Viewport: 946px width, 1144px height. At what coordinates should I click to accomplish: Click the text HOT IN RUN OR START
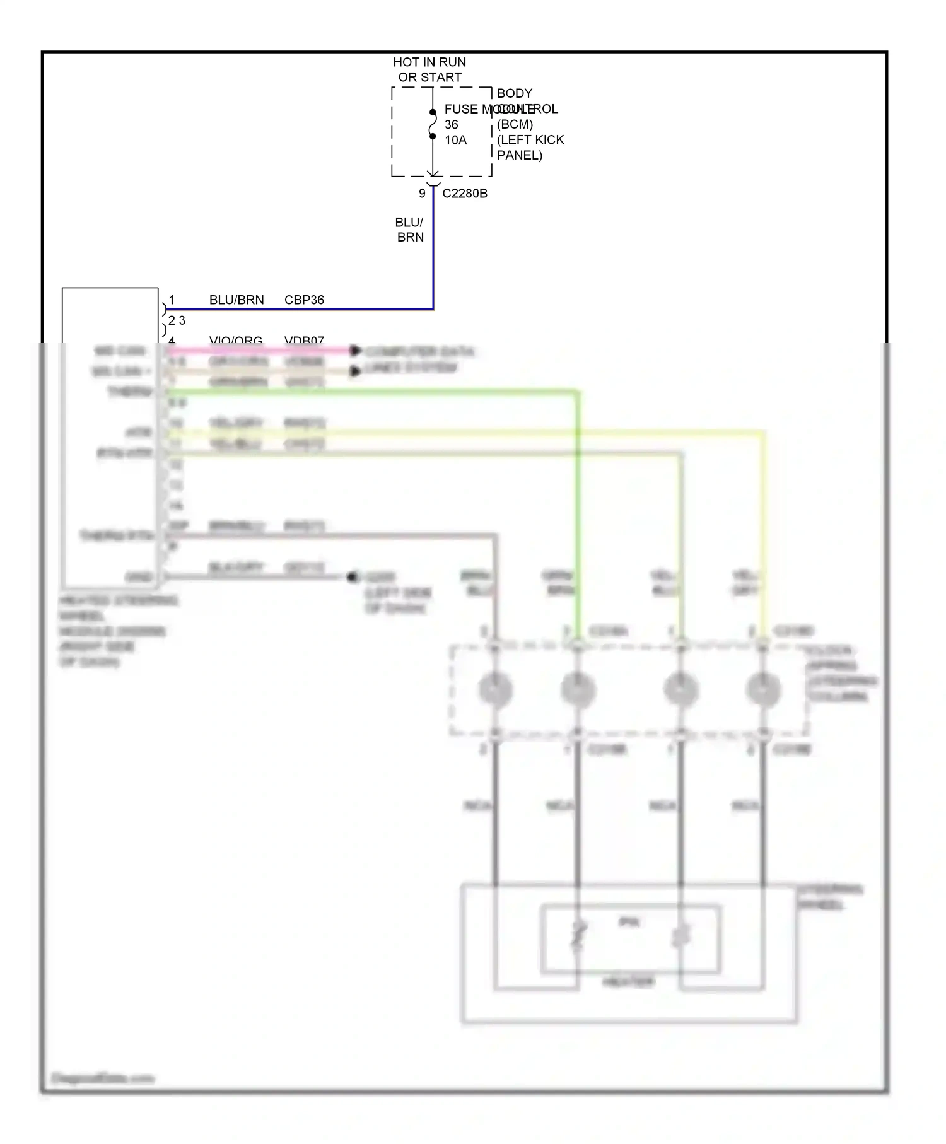[429, 69]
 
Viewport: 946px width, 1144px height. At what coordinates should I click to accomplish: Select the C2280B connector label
[465, 194]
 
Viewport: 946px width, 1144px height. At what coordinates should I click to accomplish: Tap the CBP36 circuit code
[304, 300]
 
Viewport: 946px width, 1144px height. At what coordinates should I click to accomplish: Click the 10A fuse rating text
[455, 140]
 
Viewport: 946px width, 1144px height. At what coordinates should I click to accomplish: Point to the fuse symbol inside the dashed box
[433, 124]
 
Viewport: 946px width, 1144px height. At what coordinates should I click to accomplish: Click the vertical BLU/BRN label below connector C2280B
[410, 230]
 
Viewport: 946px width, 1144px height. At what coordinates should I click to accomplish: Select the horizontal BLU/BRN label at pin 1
[237, 300]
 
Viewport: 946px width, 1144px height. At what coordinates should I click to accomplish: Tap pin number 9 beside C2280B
[422, 194]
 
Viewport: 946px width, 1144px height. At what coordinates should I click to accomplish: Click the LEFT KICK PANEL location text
[530, 148]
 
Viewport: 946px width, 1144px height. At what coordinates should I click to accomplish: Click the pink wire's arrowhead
[356, 350]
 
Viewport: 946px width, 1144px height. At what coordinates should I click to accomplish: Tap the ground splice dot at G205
[353, 577]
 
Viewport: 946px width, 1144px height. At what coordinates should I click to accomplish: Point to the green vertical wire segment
[578, 505]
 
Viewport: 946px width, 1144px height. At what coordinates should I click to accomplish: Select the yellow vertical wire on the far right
[764, 530]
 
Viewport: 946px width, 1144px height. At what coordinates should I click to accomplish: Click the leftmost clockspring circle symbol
[495, 689]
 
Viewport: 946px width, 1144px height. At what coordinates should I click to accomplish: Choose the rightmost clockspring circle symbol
[763, 689]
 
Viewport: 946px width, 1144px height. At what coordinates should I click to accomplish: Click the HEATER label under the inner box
[628, 982]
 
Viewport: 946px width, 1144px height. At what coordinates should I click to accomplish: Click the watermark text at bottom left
[102, 1078]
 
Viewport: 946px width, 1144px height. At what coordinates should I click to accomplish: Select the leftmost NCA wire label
[477, 806]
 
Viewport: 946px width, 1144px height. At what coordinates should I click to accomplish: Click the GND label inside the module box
[139, 577]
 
